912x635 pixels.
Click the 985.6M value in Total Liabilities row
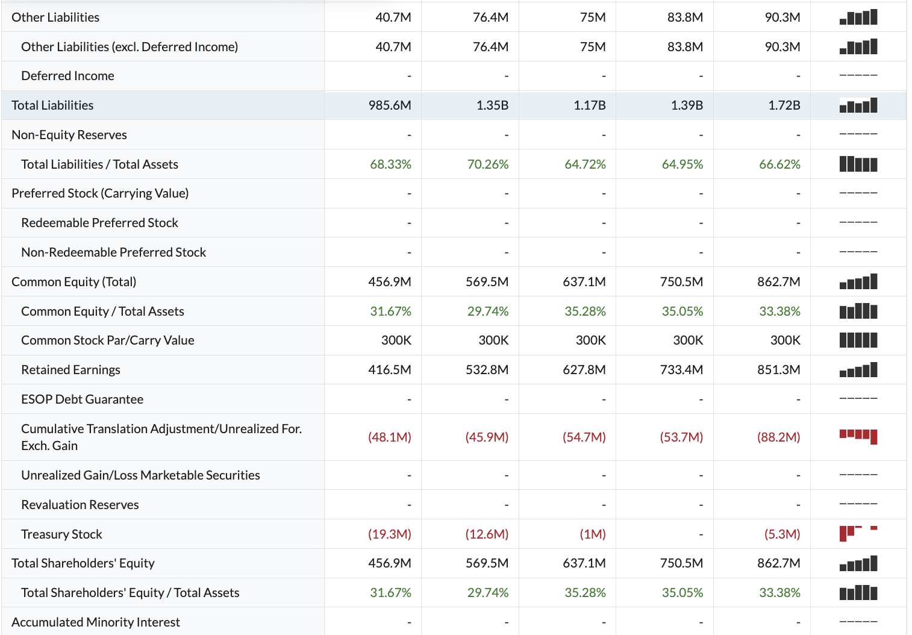390,105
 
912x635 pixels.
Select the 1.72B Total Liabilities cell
784,105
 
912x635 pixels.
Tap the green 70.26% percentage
487,164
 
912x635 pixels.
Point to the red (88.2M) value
778,437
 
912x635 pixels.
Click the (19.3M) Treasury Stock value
389,534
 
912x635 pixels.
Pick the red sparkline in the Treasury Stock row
858,533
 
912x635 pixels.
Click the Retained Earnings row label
70,370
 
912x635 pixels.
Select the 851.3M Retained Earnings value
778,370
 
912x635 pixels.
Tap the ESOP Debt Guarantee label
82,399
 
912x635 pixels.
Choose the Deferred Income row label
67,76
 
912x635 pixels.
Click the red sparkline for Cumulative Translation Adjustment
858,436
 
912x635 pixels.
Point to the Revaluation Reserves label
80,505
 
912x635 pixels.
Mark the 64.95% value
682,164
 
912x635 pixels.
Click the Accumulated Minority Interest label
95,622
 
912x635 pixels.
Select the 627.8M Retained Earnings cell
584,370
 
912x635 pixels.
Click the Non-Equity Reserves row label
69,135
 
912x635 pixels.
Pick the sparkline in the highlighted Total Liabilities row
858,106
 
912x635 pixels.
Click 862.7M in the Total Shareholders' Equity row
778,563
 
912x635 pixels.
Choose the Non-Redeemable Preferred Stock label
113,252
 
